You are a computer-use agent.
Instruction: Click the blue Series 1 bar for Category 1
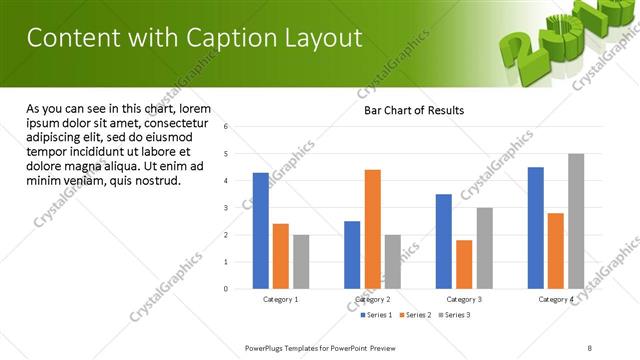tap(261, 231)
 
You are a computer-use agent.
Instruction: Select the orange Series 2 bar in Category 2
tap(372, 229)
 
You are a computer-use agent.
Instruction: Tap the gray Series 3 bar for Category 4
tap(575, 221)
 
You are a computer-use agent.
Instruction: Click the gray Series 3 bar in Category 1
tap(301, 261)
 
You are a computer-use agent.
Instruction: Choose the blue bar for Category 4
tap(536, 228)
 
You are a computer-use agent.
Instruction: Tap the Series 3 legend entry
tap(456, 315)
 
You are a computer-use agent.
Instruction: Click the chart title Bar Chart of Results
tap(413, 110)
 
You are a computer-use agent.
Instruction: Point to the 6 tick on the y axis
tap(226, 127)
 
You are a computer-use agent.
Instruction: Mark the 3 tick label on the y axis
tap(226, 208)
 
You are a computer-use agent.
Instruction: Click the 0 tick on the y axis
tap(226, 289)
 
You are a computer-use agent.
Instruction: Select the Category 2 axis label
tap(372, 299)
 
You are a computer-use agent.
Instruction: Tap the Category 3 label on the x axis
tap(464, 299)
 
